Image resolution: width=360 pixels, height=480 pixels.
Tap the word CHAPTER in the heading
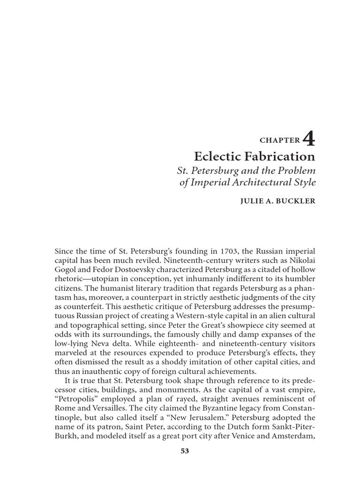coord(279,140)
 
